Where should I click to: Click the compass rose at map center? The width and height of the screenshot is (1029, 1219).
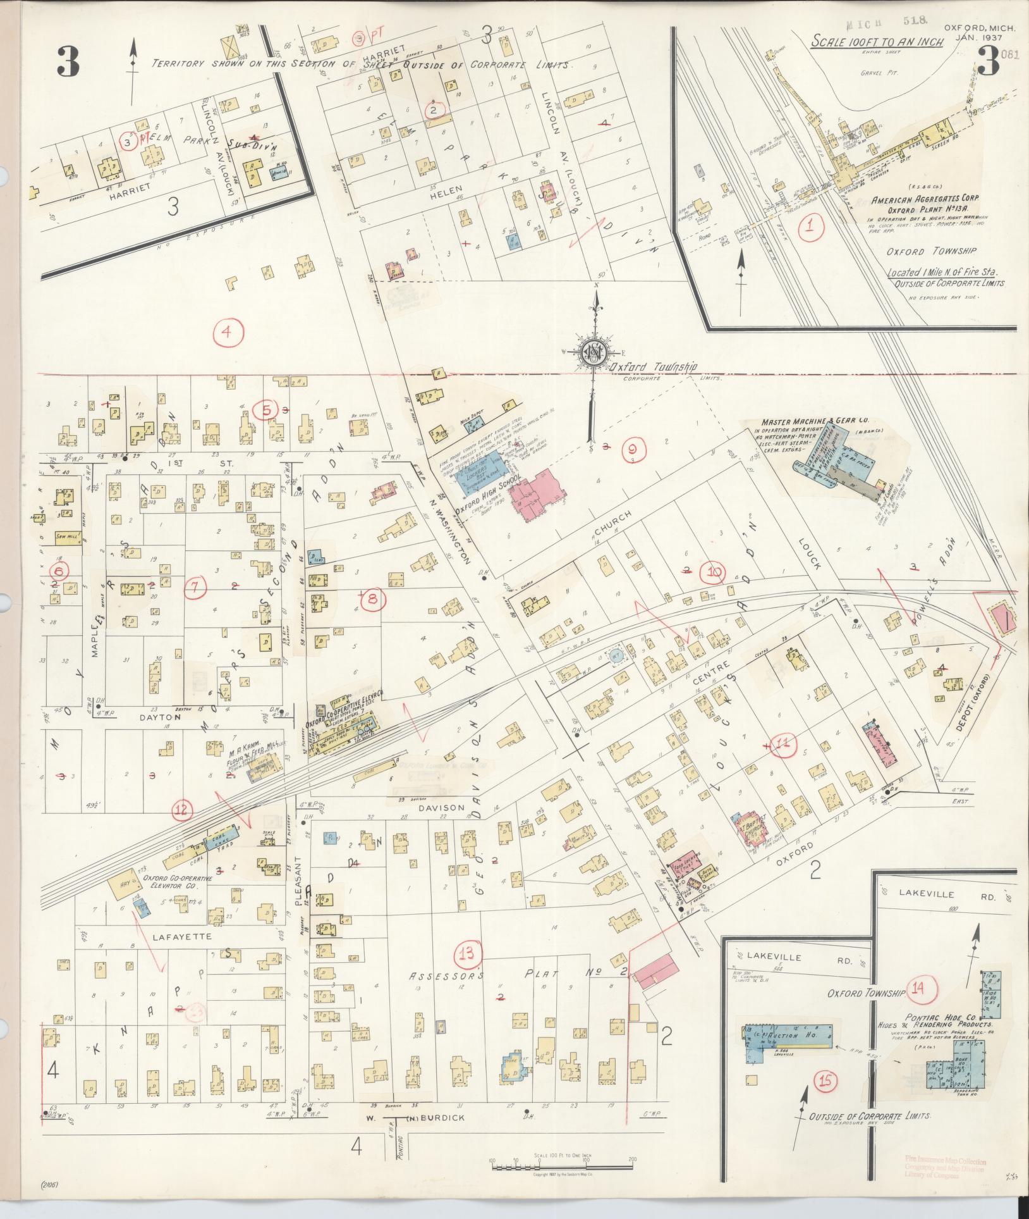pos(594,352)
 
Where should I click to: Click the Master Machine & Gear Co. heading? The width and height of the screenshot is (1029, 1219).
pos(807,421)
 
